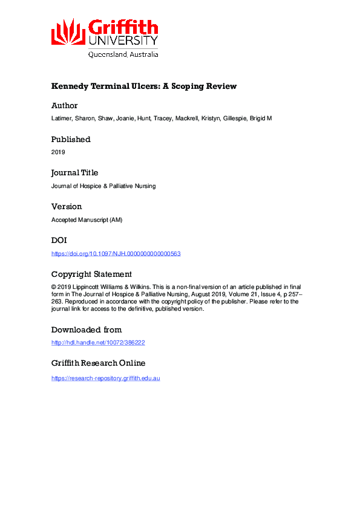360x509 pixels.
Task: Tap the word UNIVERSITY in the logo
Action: coord(123,41)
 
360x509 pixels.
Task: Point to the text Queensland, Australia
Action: coord(123,54)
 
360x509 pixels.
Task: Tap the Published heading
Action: coord(71,139)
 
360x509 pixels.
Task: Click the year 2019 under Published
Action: coord(58,152)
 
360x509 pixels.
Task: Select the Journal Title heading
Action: coord(74,172)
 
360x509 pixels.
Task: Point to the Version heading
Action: coord(66,206)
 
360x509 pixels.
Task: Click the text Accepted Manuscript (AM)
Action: coord(87,220)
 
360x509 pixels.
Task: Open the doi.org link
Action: coord(116,254)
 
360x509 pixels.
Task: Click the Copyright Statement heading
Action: coord(91,274)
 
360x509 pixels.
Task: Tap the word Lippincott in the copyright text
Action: coord(92,287)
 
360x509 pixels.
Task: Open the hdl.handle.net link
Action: coord(98,343)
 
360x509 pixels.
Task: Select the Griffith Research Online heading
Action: coord(98,363)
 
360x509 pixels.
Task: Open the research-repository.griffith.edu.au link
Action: coord(105,378)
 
